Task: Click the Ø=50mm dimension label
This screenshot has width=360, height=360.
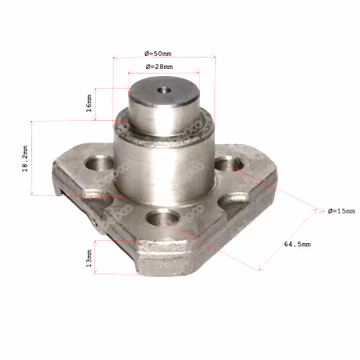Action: (158, 54)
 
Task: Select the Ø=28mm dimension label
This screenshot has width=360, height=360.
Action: (159, 66)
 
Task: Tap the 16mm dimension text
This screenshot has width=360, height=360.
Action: (89, 103)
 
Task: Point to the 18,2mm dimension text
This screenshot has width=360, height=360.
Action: (25, 158)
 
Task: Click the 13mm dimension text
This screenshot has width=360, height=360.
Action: (89, 258)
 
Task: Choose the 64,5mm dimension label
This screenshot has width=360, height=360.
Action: (297, 244)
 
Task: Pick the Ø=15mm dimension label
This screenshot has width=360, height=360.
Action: (342, 211)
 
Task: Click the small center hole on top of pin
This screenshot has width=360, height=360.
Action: (164, 90)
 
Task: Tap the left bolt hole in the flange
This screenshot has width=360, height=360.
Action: (99, 163)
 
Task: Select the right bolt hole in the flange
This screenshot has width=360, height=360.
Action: (229, 163)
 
